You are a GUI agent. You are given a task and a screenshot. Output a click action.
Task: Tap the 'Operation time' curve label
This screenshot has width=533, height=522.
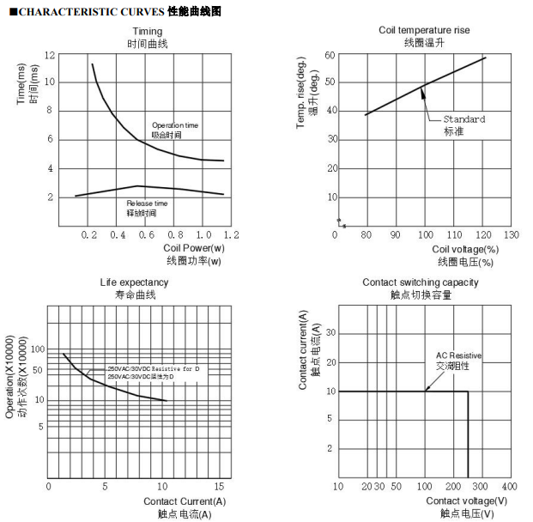pos(174,125)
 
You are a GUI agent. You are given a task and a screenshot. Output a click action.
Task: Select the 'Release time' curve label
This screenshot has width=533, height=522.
pos(147,203)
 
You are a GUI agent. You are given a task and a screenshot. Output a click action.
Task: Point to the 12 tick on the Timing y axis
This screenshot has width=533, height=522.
pos(50,55)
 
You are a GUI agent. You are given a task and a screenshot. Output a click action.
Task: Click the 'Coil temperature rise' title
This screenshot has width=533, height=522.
pos(424,30)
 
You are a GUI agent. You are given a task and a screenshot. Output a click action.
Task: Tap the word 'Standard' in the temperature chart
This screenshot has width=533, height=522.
pos(463,119)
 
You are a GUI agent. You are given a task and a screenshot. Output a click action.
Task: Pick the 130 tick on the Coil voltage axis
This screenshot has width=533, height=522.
pos(511,234)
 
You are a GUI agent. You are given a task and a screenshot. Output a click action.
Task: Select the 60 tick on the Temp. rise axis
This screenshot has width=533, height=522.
pos(329,55)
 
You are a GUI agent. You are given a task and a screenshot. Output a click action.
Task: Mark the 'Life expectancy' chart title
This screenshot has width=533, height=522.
pos(135,282)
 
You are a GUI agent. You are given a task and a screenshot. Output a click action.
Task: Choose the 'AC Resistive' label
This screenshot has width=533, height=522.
pos(458,355)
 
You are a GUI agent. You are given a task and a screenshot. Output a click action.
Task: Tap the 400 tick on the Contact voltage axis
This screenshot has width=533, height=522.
pos(508,486)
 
